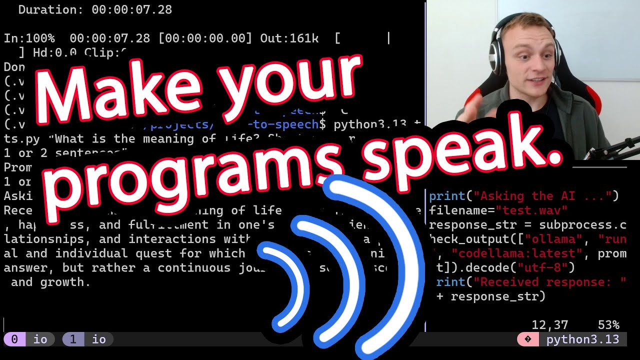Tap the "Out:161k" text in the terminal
[x=289, y=38]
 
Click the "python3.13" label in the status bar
[x=582, y=339]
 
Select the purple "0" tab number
[x=14, y=339]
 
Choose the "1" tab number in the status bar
[x=73, y=339]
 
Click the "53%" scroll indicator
[x=608, y=325]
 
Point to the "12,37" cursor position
[x=549, y=325]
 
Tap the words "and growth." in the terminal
[x=50, y=282]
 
